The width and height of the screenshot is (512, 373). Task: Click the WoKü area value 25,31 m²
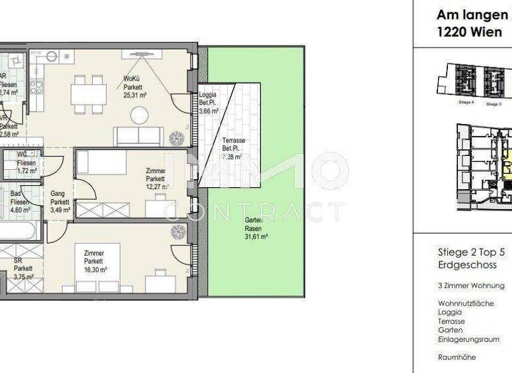[135, 95]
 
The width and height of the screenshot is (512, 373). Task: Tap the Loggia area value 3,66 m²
[209, 111]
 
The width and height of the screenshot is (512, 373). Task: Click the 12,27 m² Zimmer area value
[155, 187]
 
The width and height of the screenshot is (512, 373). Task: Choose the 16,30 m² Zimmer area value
[95, 270]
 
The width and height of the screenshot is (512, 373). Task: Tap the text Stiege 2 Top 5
[471, 252]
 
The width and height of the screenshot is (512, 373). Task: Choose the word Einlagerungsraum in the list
[469, 339]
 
